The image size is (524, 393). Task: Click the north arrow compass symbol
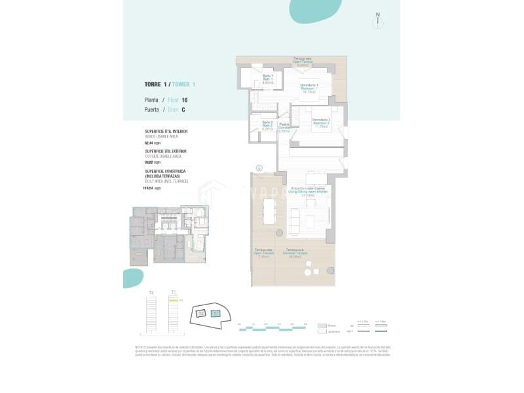click(378, 20)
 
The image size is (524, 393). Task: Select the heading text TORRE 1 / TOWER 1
click(170, 84)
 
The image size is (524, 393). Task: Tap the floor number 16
click(185, 100)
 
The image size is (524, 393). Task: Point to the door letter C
click(183, 111)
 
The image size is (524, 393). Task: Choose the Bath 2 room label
click(267, 125)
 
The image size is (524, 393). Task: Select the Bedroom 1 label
click(309, 88)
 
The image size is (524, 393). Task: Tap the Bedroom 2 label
click(320, 122)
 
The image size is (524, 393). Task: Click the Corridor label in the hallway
click(284, 127)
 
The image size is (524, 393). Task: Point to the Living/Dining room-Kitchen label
click(309, 191)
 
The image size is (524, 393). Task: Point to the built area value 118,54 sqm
click(153, 187)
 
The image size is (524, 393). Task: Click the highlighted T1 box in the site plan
click(216, 314)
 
